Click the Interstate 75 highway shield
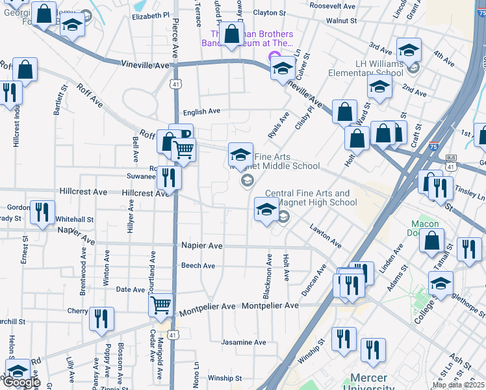(x=433, y=148)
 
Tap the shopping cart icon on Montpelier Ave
(x=160, y=304)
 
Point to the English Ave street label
(x=201, y=112)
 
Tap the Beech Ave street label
(x=198, y=266)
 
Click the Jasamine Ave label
(x=244, y=342)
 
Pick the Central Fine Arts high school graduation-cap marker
(x=266, y=210)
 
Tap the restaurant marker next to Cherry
(x=101, y=318)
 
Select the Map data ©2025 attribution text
(x=459, y=385)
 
